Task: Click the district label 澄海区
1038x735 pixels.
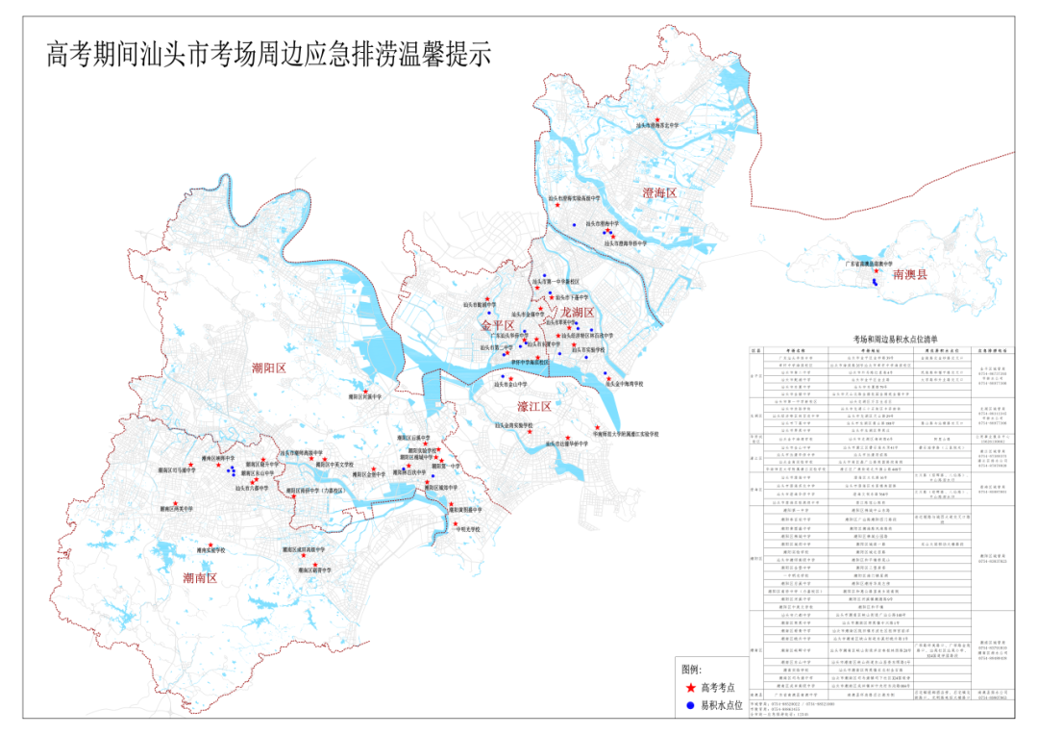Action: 660,193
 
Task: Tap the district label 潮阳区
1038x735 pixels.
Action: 269,367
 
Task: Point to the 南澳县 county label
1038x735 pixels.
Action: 909,275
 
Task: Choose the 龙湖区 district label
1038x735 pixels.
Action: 579,313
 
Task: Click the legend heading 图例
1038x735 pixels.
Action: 691,669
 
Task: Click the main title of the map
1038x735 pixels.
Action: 269,54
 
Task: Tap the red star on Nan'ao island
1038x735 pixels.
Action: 876,270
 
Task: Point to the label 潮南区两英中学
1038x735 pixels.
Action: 176,509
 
